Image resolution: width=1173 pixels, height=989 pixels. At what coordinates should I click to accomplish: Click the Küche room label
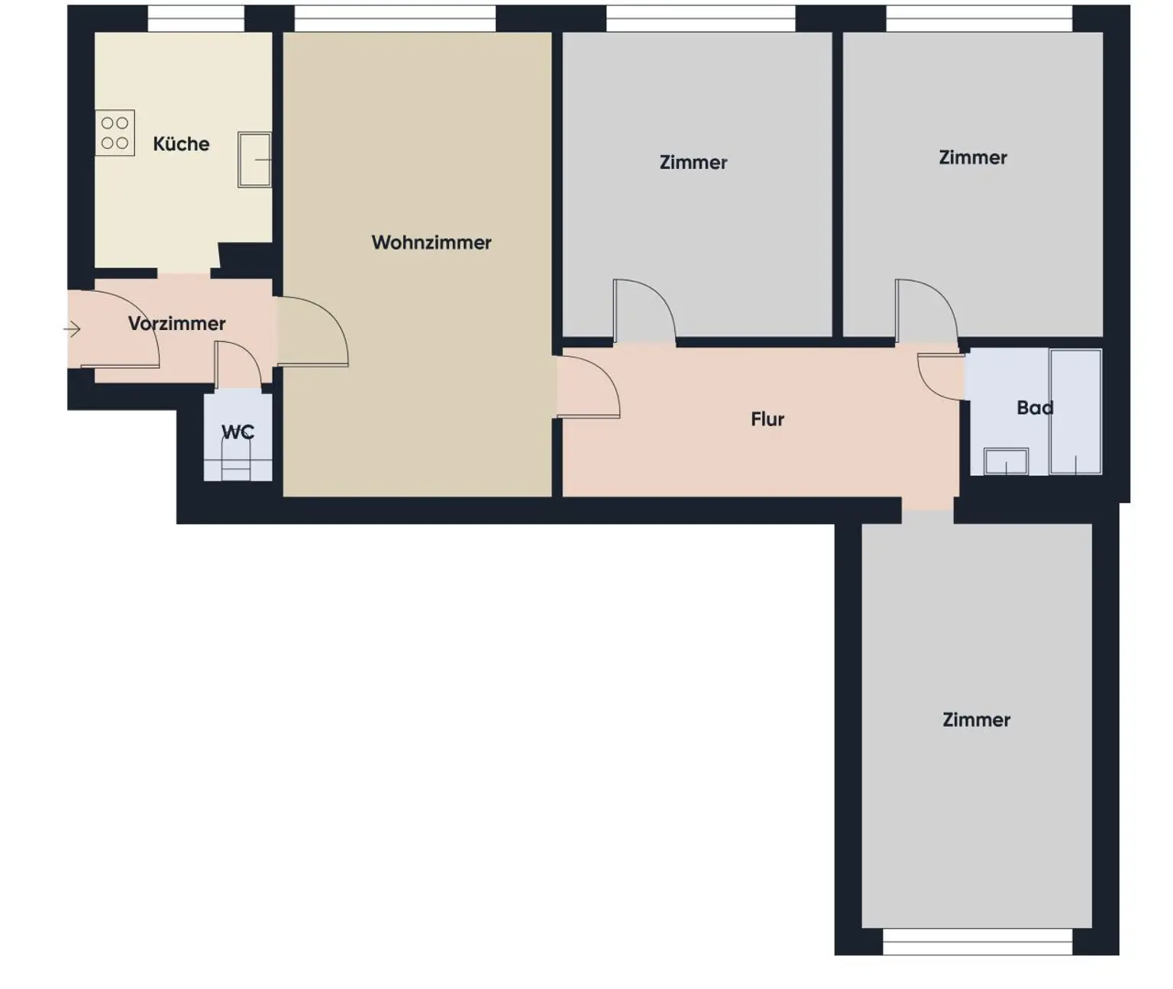click(181, 144)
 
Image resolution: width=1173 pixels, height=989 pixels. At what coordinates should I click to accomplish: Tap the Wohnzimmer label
click(431, 242)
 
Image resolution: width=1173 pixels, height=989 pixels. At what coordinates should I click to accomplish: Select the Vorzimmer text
click(176, 323)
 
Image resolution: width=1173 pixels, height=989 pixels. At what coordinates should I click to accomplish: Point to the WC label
click(238, 432)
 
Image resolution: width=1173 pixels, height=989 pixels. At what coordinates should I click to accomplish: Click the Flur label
click(767, 419)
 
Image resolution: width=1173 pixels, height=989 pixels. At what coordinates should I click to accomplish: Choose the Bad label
click(1035, 408)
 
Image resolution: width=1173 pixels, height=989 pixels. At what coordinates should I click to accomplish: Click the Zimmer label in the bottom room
click(976, 719)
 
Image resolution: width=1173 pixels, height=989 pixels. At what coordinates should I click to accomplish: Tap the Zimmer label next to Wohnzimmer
click(693, 162)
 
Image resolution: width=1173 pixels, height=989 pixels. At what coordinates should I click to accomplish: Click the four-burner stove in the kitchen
click(115, 133)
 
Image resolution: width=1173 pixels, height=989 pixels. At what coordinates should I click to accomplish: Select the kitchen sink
click(254, 160)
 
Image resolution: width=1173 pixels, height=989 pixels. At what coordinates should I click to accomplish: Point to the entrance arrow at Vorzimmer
click(73, 329)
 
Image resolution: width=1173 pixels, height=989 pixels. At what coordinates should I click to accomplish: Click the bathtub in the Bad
click(1075, 412)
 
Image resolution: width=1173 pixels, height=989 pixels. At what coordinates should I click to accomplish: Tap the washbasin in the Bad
click(1006, 461)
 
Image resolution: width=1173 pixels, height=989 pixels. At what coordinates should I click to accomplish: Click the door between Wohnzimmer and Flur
click(586, 387)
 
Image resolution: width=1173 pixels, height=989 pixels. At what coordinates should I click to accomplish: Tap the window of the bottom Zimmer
click(977, 942)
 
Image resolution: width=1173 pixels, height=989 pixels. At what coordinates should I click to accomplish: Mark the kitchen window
click(195, 19)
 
